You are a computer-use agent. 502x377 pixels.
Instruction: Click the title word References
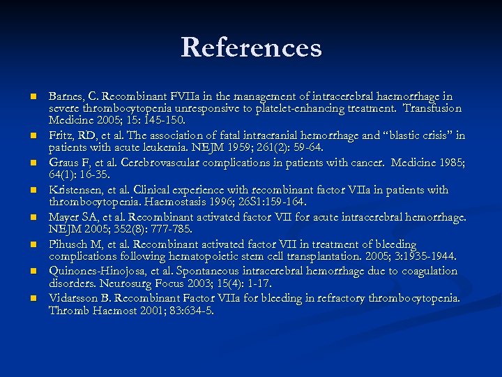pyautogui.click(x=251, y=47)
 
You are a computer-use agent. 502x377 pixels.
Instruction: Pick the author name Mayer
pyautogui.click(x=65, y=217)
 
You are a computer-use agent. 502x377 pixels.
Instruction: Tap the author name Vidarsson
pyautogui.click(x=73, y=298)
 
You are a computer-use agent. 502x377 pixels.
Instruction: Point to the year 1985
pyautogui.click(x=448, y=163)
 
